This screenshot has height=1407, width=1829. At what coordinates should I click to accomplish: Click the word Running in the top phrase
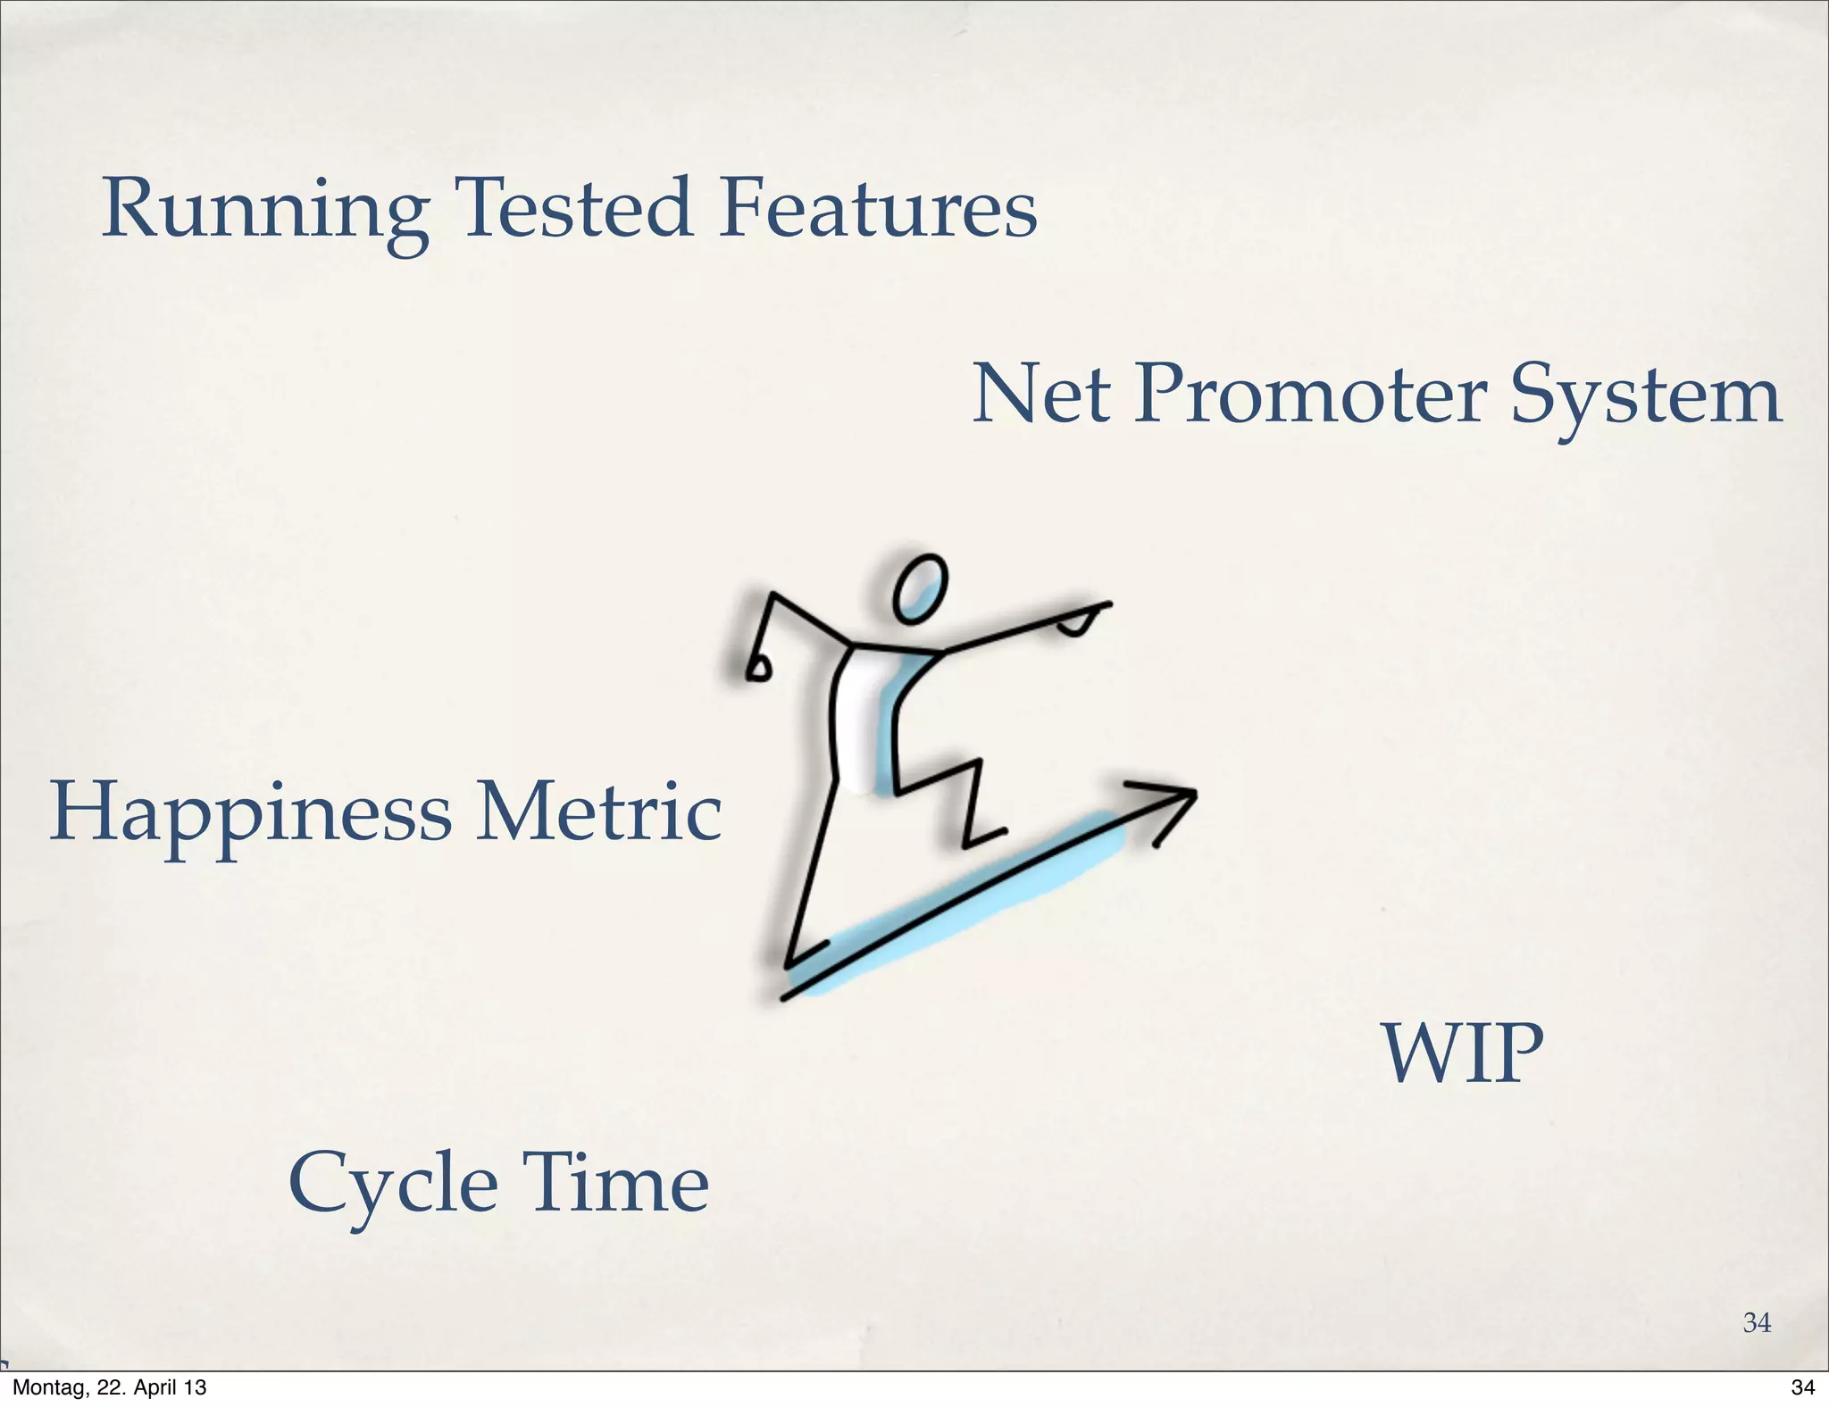(264, 211)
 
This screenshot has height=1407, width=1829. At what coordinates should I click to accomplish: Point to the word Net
(1041, 395)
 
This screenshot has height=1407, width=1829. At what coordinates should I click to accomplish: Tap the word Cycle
(393, 1186)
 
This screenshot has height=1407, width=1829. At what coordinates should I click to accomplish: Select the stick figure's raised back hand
(758, 669)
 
